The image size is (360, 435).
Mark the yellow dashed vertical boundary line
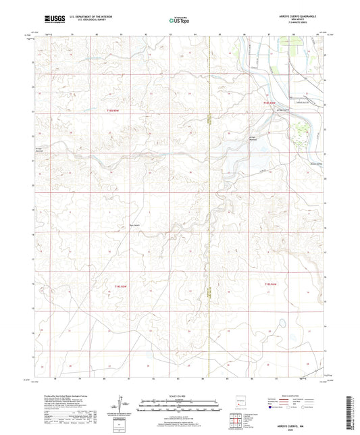[x=209, y=203]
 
